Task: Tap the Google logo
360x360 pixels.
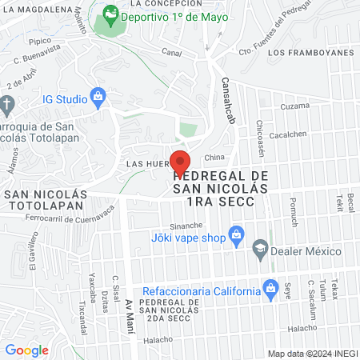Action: [x=26, y=350]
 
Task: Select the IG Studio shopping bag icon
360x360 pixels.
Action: [x=98, y=97]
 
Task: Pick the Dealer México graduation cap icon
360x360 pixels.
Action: [x=259, y=250]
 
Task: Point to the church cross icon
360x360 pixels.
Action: [x=6, y=104]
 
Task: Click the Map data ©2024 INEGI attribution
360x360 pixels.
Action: [x=312, y=354]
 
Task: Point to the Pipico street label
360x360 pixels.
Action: [x=39, y=40]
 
